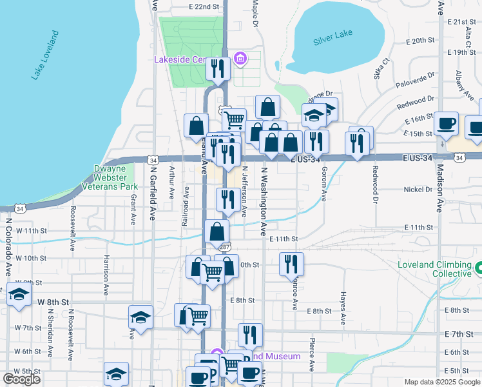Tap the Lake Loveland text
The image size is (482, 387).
coord(45,55)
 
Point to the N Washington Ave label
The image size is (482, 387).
coord(263,202)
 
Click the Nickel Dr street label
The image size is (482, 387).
coord(419,190)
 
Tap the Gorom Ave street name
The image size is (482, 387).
coord(324,183)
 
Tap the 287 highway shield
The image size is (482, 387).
coord(224,248)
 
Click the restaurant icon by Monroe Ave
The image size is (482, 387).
coord(291,263)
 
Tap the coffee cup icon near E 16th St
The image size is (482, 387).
coord(446,123)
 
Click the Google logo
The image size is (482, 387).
coord(21,379)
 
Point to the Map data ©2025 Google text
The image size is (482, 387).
coord(441,382)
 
